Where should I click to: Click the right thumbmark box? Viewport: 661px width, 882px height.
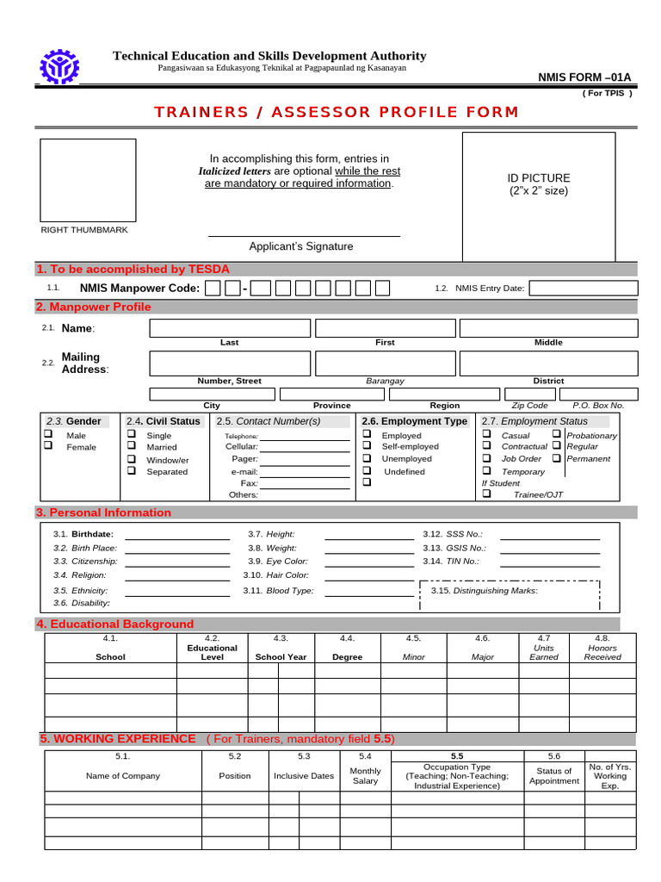point(88,179)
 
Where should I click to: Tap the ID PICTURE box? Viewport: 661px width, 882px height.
point(540,196)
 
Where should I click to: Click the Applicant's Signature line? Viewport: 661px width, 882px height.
point(304,235)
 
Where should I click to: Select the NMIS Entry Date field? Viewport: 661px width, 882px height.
point(584,288)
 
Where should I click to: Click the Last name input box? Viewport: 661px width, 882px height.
point(230,328)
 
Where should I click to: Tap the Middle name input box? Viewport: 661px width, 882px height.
point(548,328)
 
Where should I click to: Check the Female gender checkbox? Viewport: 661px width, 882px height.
point(49,446)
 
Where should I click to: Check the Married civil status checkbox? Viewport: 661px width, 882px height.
point(132,446)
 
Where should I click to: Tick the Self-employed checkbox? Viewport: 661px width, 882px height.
point(367,446)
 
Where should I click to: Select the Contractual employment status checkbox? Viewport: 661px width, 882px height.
point(486,446)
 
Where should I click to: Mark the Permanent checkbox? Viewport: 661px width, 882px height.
point(556,458)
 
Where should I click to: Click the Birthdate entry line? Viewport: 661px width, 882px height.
point(177,537)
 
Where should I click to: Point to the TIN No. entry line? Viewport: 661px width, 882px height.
point(549,564)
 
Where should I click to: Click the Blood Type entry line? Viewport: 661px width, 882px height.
point(368,594)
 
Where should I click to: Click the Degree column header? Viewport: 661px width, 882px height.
point(347,657)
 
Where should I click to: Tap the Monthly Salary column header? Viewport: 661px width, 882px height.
point(365,776)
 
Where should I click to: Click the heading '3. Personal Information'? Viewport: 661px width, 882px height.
point(103,512)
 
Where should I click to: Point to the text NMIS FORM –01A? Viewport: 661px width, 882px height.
point(584,78)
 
